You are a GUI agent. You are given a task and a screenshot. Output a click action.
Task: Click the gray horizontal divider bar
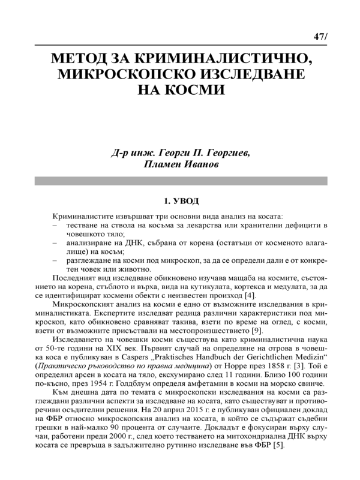(180, 181)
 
